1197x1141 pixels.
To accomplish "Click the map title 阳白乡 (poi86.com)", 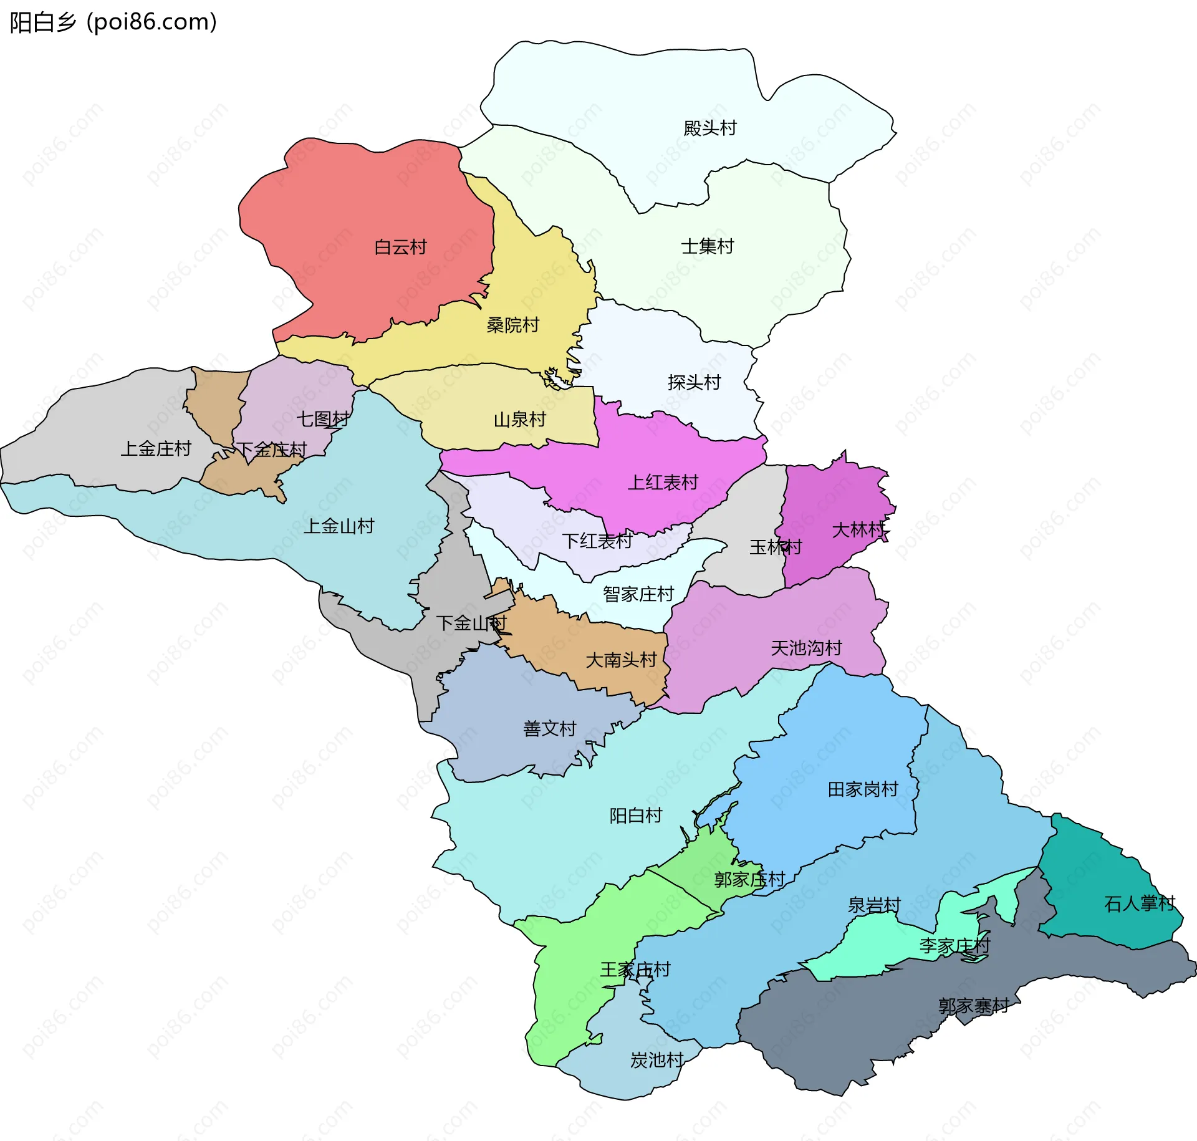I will tap(113, 22).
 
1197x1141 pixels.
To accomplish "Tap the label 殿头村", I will tap(709, 128).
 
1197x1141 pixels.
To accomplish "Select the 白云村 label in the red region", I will tap(400, 247).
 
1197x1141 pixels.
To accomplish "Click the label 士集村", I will tap(707, 246).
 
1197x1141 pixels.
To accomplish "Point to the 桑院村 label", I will tap(512, 325).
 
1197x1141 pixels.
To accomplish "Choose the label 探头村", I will tap(694, 382).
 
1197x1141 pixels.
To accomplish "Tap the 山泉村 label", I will tap(519, 419).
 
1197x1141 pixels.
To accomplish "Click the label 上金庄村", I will tap(156, 448).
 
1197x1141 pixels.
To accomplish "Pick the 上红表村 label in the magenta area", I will tap(662, 482).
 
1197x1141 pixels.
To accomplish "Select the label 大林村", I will tap(858, 530).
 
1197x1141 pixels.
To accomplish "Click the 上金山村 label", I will tap(339, 526).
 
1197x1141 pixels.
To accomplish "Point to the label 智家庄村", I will tap(638, 594).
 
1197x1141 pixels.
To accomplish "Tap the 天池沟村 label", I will tap(806, 648).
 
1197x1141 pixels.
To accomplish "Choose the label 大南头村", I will tap(621, 660).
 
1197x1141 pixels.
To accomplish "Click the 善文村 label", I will tap(549, 728).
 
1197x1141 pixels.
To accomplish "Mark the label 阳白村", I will tap(635, 815).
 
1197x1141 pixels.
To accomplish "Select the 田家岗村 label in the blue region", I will tap(863, 789).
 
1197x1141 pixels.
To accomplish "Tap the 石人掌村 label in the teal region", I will tap(1139, 903).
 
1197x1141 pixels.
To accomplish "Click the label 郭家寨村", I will tap(973, 1006).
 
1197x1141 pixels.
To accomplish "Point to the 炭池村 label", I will tap(656, 1060).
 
